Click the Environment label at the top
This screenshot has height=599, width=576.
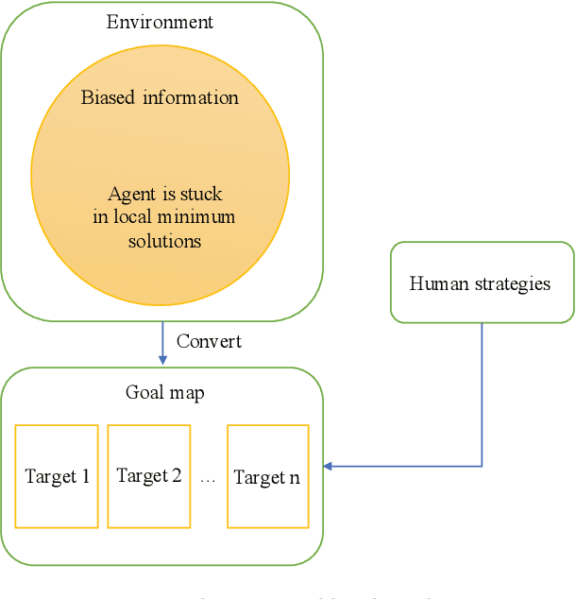point(160,22)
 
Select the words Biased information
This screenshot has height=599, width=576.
point(160,97)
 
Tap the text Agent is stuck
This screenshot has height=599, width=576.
point(165,194)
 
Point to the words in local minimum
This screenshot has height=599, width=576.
point(164,217)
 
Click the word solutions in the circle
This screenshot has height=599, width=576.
point(164,241)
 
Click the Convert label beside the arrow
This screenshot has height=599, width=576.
point(209,340)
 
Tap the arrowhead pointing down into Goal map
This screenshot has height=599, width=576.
point(162,360)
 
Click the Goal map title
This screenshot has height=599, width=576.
point(164,391)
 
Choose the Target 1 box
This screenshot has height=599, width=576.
point(57,476)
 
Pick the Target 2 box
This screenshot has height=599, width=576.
point(149,476)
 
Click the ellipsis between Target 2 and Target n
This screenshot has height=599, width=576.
point(208,480)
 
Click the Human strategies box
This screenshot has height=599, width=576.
point(482,282)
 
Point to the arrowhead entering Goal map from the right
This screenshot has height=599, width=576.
point(329,466)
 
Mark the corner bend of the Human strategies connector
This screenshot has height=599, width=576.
point(482,466)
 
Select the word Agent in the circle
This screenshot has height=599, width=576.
point(131,194)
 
